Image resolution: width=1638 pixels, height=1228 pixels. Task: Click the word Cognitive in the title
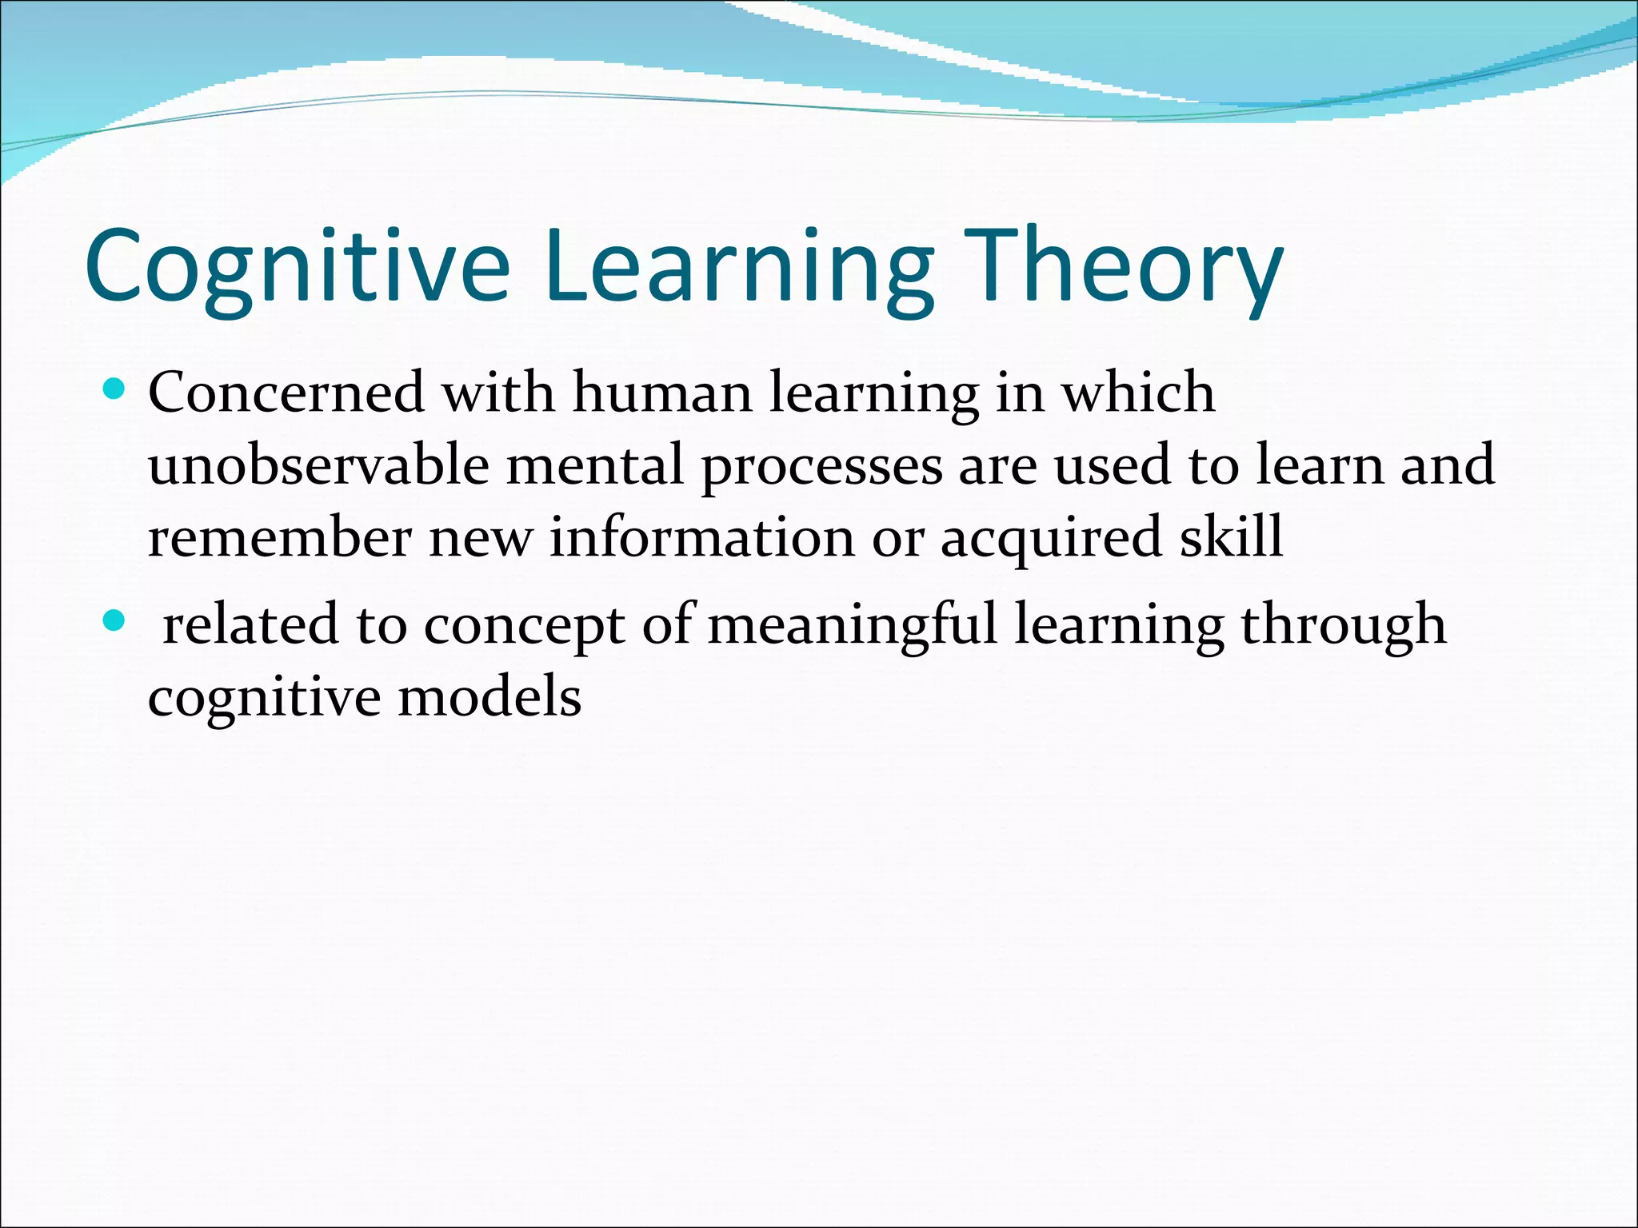[297, 265]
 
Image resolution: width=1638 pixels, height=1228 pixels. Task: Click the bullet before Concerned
[115, 390]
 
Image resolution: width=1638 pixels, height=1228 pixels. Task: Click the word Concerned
[286, 393]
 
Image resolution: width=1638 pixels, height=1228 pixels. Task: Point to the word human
[662, 393]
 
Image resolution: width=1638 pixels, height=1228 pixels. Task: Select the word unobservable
[318, 464]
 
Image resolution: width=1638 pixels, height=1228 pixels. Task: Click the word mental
[595, 464]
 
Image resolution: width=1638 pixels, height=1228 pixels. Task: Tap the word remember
[279, 536]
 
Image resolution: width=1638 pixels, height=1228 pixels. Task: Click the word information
[701, 536]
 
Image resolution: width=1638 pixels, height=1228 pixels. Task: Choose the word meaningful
[853, 626]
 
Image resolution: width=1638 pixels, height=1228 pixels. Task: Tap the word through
[1344, 626]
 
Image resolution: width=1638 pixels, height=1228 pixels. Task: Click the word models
[489, 696]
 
